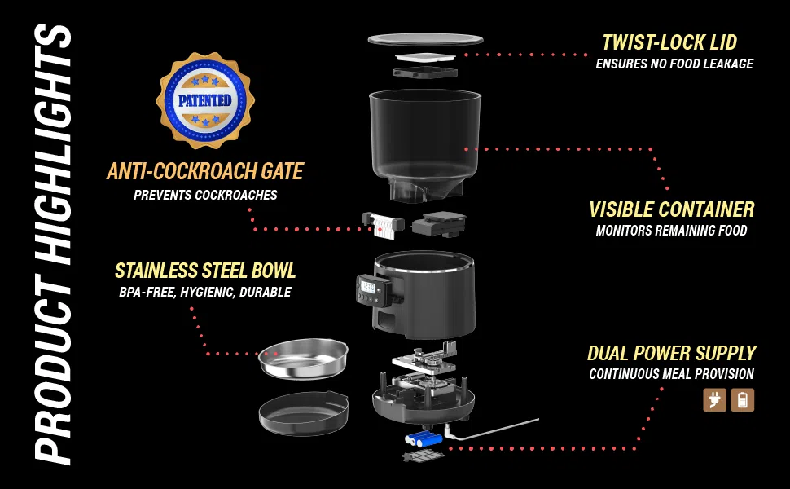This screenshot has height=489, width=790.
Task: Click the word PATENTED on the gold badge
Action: coord(204,100)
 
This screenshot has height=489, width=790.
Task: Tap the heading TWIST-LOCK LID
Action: coord(669,42)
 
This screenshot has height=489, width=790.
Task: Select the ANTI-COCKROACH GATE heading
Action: coord(205,171)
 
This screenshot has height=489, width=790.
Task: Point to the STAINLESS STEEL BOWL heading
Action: coord(205,271)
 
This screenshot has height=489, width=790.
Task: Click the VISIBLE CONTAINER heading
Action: coord(672,209)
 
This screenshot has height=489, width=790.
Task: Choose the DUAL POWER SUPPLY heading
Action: coord(672,353)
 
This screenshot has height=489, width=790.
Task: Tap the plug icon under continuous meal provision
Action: coord(715,400)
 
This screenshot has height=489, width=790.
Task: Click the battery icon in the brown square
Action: coord(743,400)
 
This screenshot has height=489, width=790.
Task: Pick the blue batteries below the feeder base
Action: coord(424,439)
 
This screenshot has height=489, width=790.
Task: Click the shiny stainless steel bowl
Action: coord(303,359)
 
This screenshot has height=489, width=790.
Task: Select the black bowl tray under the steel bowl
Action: coord(303,413)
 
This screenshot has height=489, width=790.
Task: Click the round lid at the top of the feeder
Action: coord(426,39)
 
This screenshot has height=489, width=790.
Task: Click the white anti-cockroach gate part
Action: coord(384,226)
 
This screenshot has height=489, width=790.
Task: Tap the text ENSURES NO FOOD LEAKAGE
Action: coord(674,64)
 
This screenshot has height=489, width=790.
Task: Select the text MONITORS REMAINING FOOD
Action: coord(672,231)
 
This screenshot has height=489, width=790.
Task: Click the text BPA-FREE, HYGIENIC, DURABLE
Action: coord(205,293)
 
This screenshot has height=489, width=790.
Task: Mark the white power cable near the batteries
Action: coord(491,430)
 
